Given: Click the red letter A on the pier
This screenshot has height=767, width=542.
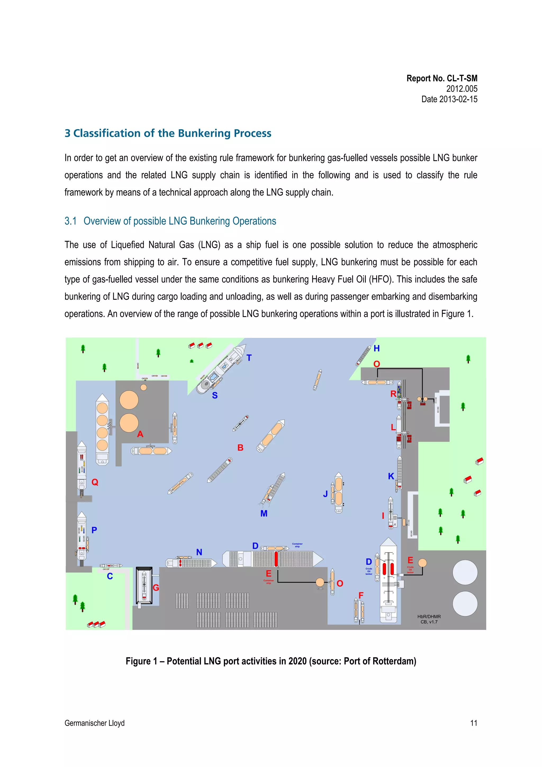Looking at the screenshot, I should [x=140, y=434].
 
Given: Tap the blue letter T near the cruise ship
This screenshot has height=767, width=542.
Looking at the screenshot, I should [x=249, y=358].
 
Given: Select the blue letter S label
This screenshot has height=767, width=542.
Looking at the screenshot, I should [x=215, y=396].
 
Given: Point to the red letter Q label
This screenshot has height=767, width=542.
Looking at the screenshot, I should [x=95, y=482].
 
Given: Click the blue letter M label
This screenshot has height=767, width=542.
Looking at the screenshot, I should [x=264, y=513].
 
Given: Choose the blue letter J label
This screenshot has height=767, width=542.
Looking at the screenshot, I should [x=325, y=494].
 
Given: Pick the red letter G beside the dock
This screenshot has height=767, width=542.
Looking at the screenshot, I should [x=156, y=587].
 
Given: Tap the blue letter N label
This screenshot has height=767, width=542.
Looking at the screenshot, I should [x=199, y=552].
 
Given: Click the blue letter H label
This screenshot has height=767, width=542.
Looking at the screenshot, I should [x=377, y=348].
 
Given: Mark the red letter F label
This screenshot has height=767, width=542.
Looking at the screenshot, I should [x=361, y=595].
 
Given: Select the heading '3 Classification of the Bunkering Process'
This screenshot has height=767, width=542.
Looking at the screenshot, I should [x=168, y=133].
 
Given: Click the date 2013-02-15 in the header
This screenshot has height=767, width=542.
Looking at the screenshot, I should [x=458, y=99].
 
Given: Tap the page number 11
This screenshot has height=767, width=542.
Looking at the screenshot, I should [x=473, y=723].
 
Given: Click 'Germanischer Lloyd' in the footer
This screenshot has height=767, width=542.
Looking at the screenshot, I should [x=94, y=723].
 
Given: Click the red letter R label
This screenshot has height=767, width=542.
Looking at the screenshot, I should [x=393, y=394].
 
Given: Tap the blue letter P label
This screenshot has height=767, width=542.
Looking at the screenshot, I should [x=94, y=530].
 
